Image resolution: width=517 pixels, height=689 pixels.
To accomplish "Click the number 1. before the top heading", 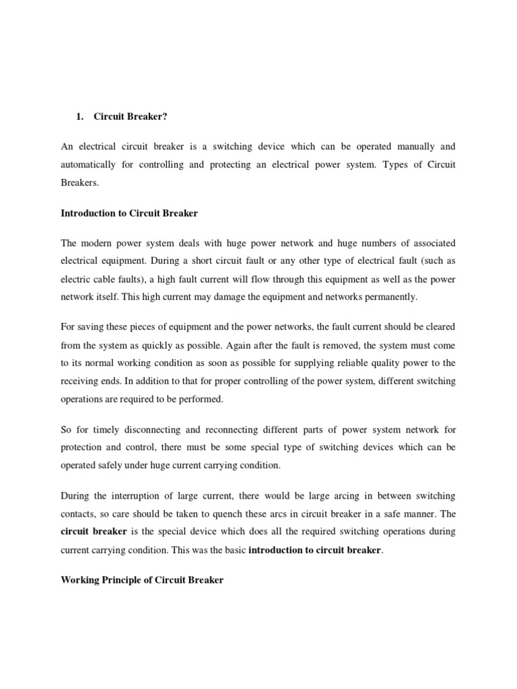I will (x=79, y=116).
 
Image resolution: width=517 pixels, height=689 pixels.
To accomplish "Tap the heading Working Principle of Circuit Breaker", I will (x=141, y=579).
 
